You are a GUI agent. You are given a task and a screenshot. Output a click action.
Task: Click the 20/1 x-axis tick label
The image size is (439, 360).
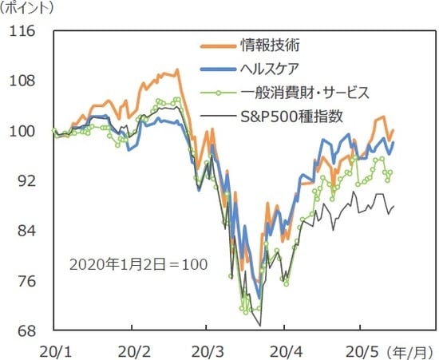coord(53,350)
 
